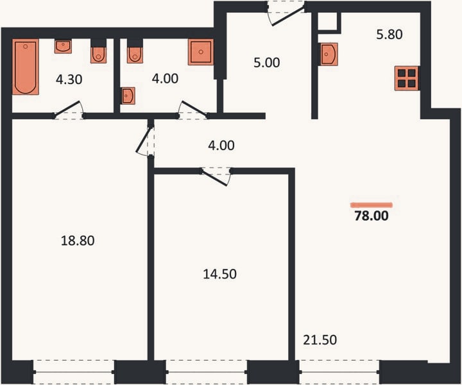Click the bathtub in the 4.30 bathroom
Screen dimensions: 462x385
(x=25, y=67)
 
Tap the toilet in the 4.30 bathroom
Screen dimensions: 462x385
(x=98, y=55)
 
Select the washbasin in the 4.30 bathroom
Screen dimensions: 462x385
(x=63, y=47)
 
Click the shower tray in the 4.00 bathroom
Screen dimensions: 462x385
(x=201, y=52)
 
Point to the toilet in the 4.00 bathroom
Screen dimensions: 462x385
(x=135, y=55)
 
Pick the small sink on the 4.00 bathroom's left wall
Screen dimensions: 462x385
(x=128, y=96)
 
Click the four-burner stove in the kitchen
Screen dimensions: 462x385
(x=407, y=78)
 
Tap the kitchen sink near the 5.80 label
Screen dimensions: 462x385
(x=329, y=54)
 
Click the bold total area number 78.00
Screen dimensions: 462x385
(x=372, y=216)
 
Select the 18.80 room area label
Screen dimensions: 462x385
(x=78, y=241)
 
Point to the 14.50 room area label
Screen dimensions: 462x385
(x=220, y=274)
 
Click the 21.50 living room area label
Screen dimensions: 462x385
(x=320, y=340)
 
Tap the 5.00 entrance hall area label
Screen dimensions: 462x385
(x=267, y=63)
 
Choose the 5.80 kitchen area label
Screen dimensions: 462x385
(x=389, y=35)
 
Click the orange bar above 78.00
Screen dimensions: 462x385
(x=372, y=205)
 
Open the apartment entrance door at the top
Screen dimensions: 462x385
(x=286, y=14)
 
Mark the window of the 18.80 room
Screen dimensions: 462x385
(x=74, y=372)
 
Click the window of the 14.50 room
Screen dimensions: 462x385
(x=207, y=372)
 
